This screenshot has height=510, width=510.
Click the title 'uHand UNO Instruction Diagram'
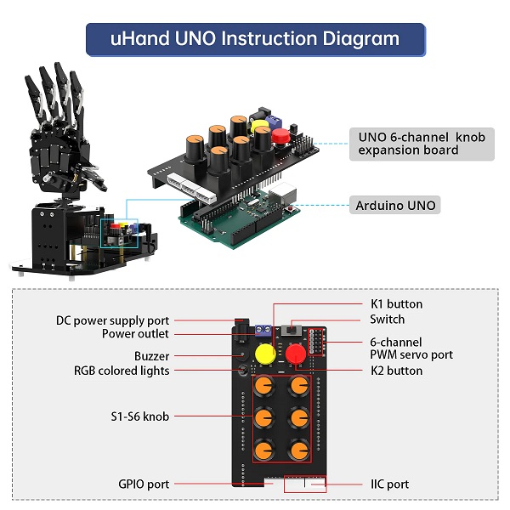255,38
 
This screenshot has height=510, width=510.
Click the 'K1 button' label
396,303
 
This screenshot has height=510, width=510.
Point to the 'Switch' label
388,320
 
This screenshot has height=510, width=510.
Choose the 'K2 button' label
396,371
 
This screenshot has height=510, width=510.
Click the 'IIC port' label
389,484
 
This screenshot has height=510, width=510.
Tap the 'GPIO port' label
144,484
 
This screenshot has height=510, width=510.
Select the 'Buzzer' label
151,356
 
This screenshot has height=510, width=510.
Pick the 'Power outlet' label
135,334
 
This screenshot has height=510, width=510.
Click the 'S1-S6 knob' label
139,416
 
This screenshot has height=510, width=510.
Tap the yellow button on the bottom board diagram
264,353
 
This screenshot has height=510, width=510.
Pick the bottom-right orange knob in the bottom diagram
297,448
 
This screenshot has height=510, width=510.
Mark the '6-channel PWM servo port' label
411,348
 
